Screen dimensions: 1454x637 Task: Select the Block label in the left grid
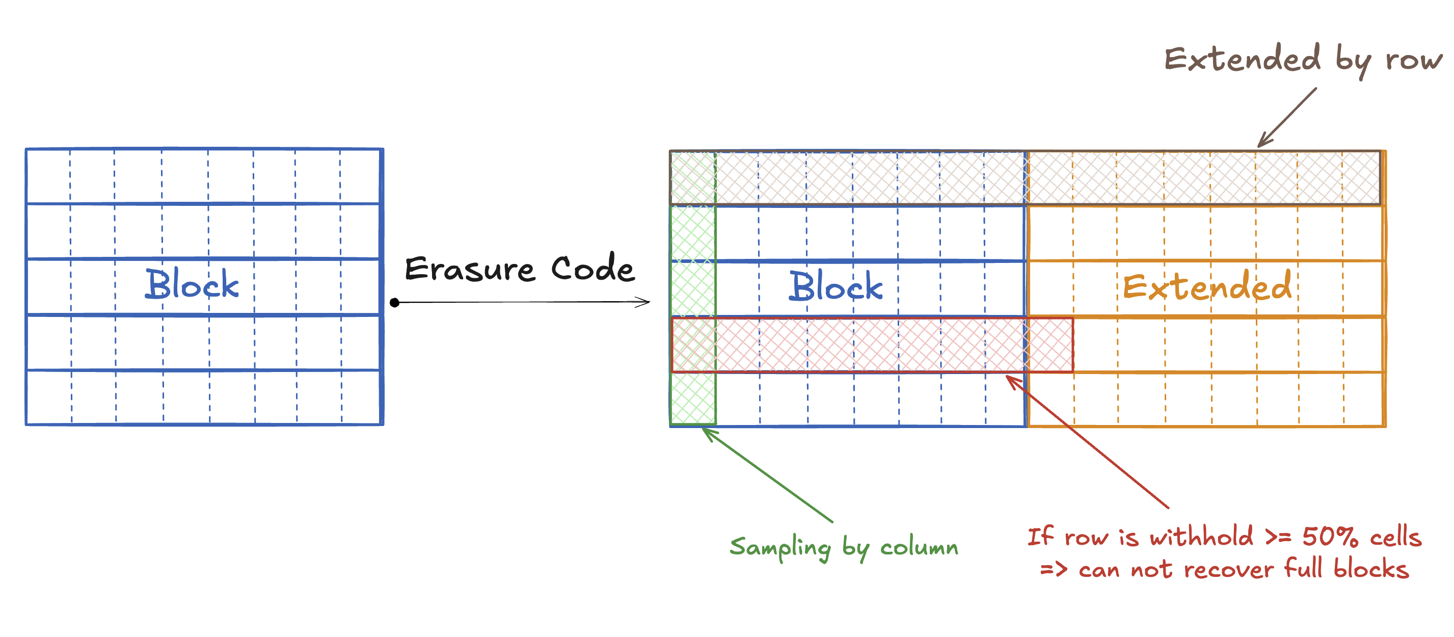[192, 283]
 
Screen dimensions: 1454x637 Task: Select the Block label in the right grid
[836, 286]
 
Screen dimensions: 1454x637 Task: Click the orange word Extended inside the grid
[1207, 286]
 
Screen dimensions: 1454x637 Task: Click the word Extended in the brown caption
[1243, 58]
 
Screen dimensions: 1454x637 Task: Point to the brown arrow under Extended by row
[1287, 117]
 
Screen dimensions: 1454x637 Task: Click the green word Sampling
[780, 548]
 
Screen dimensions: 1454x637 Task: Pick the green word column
[919, 547]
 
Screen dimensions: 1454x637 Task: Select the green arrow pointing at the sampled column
[767, 475]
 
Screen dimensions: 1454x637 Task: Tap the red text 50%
[1330, 537]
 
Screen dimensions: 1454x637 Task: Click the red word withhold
[1201, 536]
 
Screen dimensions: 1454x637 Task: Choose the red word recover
[1228, 569]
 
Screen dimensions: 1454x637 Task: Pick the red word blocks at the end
[1371, 568]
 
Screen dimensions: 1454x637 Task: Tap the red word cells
[1395, 537]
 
